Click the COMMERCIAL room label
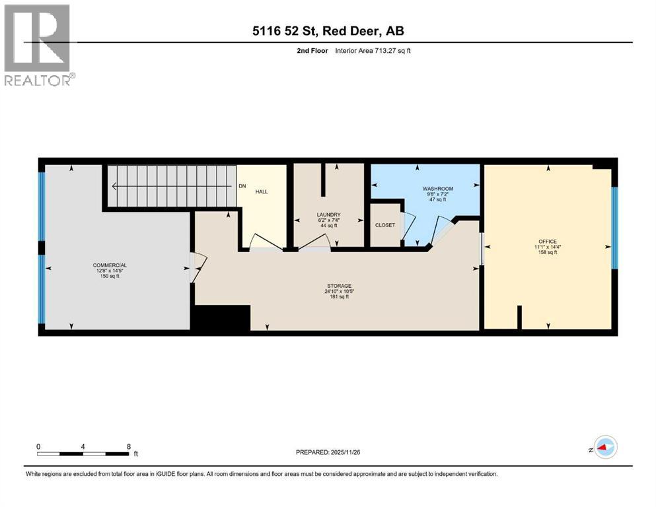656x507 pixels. point(110,265)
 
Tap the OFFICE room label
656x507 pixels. point(547,242)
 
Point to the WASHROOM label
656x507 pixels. point(437,189)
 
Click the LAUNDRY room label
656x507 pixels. point(328,215)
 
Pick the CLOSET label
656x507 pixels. point(384,225)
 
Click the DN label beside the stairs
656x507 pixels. point(242,187)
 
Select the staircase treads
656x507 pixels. point(172,186)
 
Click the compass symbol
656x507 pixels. point(604,447)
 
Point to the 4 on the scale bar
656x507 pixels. point(83,446)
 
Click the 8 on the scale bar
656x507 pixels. point(128,446)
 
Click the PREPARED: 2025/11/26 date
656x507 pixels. point(328,452)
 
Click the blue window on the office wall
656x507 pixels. point(614,228)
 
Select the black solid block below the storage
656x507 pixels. point(220,318)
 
